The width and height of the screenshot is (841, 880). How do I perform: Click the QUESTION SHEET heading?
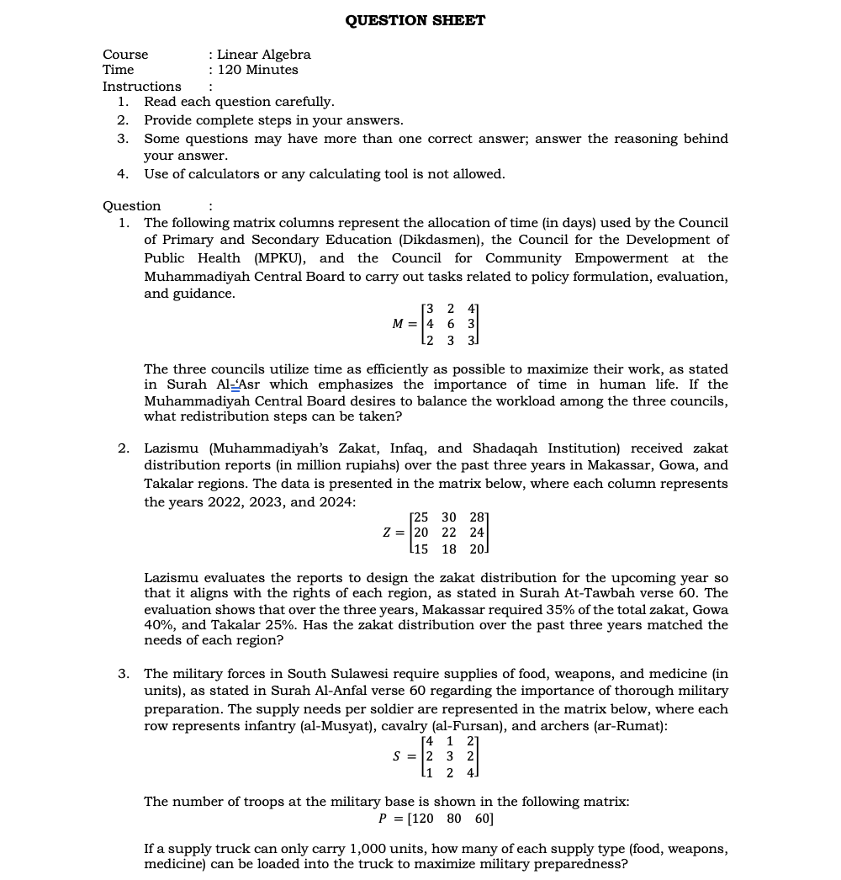pos(415,20)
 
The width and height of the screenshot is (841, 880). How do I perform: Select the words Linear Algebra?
pos(264,55)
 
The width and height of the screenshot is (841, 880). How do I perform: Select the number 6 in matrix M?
pos(451,324)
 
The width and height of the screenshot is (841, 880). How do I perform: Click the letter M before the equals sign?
pos(399,324)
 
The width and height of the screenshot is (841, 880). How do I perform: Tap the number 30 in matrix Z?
pos(449,517)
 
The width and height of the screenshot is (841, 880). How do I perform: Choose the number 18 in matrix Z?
pos(449,549)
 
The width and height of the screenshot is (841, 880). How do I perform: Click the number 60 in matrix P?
pos(484,819)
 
